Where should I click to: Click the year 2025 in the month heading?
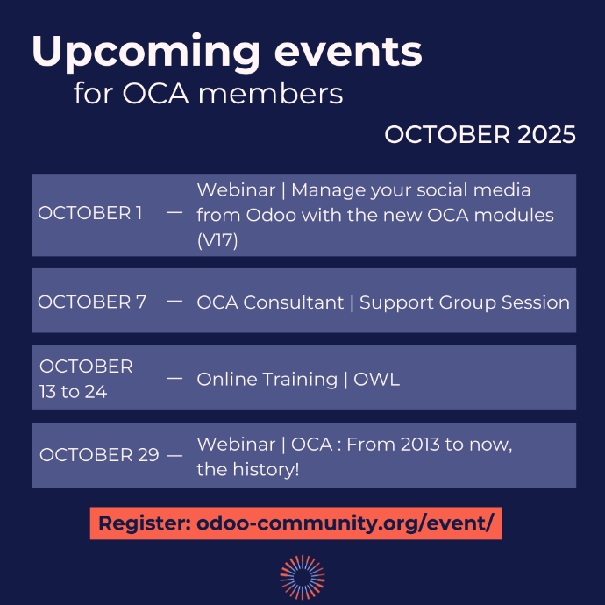(546, 135)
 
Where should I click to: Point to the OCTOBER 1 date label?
(90, 214)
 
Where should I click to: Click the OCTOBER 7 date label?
(92, 302)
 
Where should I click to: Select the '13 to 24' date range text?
(73, 392)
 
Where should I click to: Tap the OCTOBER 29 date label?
(99, 455)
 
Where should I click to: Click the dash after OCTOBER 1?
(174, 213)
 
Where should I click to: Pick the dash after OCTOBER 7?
(174, 301)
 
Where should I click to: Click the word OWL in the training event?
(377, 380)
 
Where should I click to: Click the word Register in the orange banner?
(144, 523)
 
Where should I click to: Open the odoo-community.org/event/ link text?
(345, 523)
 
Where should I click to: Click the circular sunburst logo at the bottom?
(302, 576)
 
